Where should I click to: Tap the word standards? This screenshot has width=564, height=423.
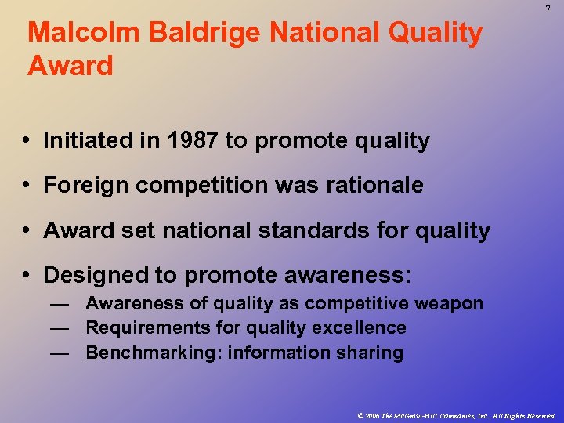pos(309,230)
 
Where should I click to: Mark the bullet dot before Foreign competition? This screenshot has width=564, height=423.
pos(27,186)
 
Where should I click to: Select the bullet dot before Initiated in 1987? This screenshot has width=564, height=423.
pos(27,141)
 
